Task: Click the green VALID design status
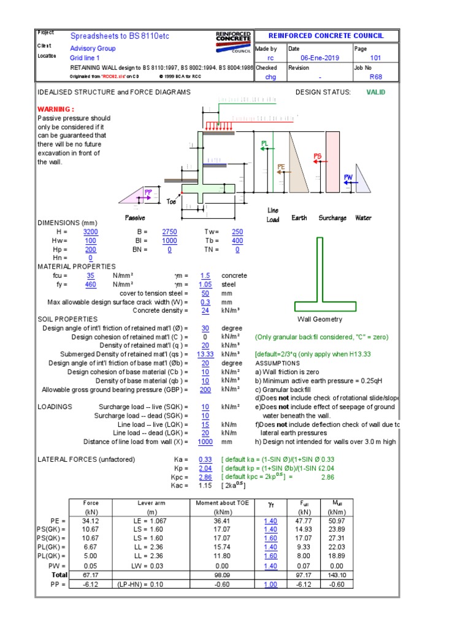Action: tap(377, 92)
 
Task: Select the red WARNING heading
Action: tap(55, 109)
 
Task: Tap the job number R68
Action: tap(375, 77)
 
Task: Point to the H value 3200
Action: tap(90, 232)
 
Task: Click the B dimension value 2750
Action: tap(169, 232)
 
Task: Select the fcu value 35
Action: tap(90, 275)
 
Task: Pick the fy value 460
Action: tap(90, 285)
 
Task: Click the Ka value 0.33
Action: tap(205, 459)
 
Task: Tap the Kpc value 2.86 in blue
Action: tap(205, 477)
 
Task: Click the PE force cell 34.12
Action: tap(90, 521)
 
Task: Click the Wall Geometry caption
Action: tap(320, 320)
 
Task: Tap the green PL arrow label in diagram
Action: tap(264, 143)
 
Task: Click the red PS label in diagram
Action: tap(318, 156)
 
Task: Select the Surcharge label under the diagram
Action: tap(332, 218)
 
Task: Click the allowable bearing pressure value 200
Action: tap(205, 389)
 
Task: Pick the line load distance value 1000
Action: tap(205, 442)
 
